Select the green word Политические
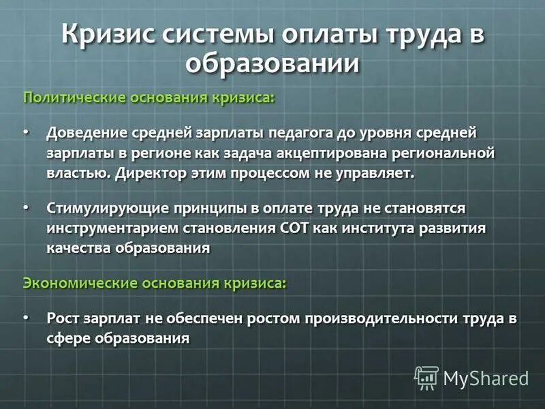point(73,97)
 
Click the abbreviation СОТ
point(295,228)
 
